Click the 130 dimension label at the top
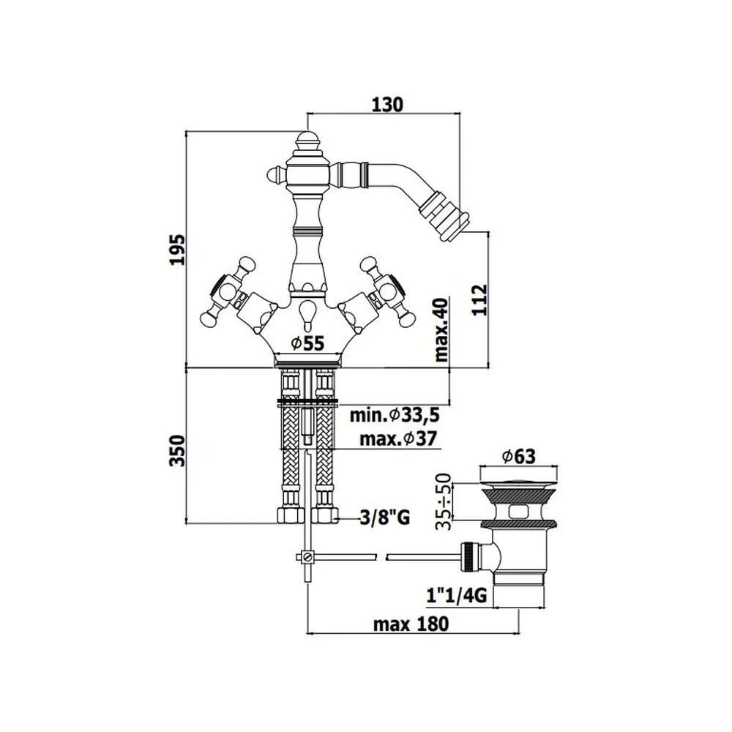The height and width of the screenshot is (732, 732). pyautogui.click(x=387, y=105)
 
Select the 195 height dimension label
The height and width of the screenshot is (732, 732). pyautogui.click(x=177, y=250)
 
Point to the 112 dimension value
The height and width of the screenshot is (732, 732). pyautogui.click(x=479, y=299)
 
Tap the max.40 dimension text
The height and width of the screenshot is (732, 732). pyautogui.click(x=441, y=329)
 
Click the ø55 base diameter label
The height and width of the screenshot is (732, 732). pyautogui.click(x=307, y=343)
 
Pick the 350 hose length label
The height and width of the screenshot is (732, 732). pyautogui.click(x=177, y=450)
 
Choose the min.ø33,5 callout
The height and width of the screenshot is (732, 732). pyautogui.click(x=395, y=414)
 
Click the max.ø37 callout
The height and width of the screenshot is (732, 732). pyautogui.click(x=398, y=438)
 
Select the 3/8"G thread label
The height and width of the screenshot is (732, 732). pyautogui.click(x=385, y=518)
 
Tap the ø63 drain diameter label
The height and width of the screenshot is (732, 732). pyautogui.click(x=519, y=456)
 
